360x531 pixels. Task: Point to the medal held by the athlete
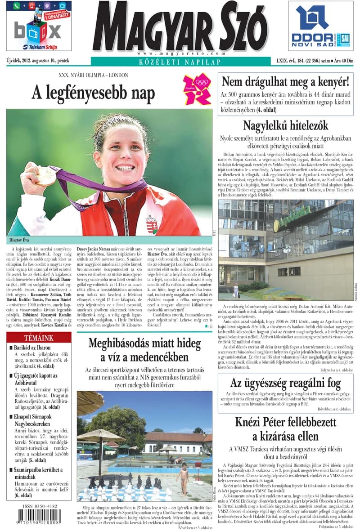[x=46, y=176]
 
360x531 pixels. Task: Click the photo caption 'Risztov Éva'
[x=20, y=240]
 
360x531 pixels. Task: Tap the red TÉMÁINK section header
[x=38, y=337]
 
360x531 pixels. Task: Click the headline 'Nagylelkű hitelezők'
[x=285, y=125]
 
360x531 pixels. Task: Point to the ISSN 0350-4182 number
[x=40, y=506]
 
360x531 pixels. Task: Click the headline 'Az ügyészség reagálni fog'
[x=285, y=383]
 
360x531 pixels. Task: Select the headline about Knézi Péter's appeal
[x=285, y=429]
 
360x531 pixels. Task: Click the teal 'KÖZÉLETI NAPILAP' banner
[x=180, y=62]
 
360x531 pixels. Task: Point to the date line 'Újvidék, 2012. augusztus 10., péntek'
[x=38, y=60]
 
